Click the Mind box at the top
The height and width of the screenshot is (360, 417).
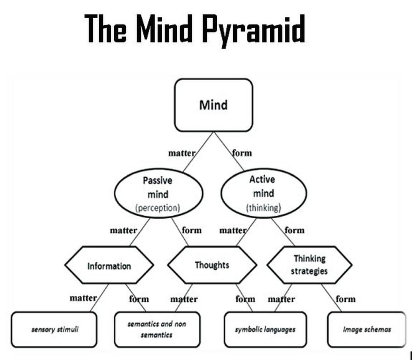pos(213,105)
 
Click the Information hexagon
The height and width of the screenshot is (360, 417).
pos(109,266)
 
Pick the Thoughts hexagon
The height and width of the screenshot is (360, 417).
pos(212,265)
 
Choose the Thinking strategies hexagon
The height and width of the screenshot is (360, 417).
pos(309,265)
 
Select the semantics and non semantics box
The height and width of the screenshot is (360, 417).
pos(157,329)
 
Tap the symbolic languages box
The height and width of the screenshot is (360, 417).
pos(265,329)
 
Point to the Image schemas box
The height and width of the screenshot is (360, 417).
pos(367,329)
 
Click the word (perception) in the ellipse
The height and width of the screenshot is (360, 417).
pos(158,208)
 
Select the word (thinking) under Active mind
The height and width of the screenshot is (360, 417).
pos(263,208)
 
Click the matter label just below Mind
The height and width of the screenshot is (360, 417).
pos(181,153)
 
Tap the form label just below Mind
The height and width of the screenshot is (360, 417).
pos(242,153)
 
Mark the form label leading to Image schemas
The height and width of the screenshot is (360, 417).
pos(345,299)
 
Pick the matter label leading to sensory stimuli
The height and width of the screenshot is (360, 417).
pos(83,298)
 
